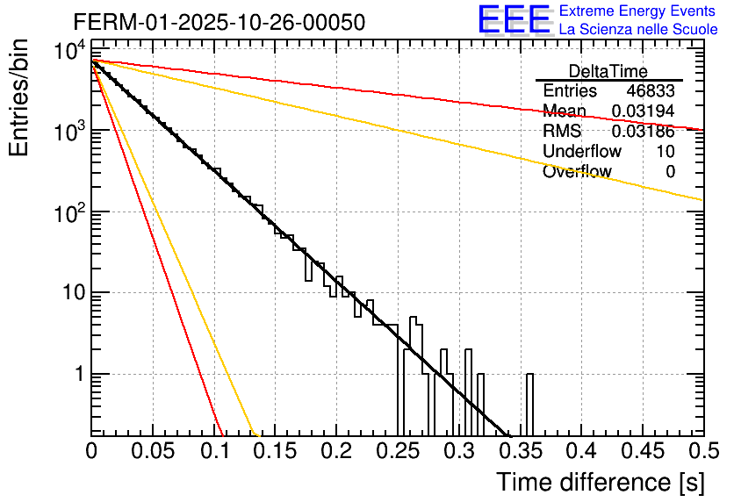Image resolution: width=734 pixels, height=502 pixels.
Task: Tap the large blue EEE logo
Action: pos(514,20)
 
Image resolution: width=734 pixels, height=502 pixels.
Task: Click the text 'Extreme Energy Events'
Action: pos(638,11)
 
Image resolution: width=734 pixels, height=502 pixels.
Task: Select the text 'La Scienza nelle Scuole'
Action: pos(638,30)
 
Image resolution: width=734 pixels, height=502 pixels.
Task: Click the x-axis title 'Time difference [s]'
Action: pos(599,482)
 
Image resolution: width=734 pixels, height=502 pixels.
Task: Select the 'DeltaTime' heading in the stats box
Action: pos(608,71)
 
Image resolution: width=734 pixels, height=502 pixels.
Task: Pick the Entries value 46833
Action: pos(651,91)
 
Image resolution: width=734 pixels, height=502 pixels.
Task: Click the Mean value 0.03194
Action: pos(644,111)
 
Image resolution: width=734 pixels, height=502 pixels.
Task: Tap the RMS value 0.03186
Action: pos(644,132)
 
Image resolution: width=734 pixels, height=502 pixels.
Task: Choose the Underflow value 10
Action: pos(666,152)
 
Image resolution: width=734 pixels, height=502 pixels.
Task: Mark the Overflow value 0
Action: pos(670,172)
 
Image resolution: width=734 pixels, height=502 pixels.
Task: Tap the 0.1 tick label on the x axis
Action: pos(214,452)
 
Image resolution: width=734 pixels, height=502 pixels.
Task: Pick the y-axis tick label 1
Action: pos(76,375)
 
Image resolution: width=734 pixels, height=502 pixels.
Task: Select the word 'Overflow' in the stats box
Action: pos(577,172)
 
